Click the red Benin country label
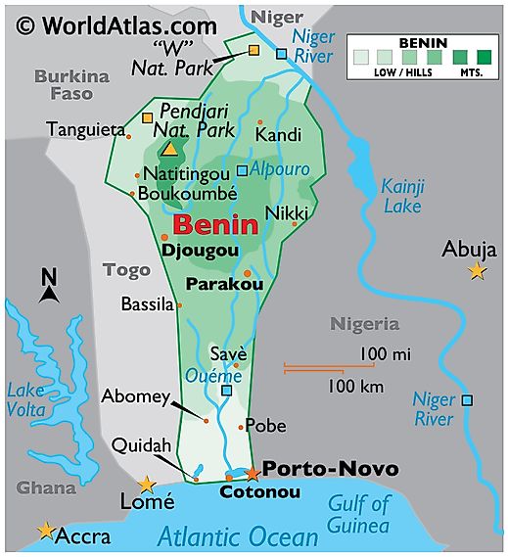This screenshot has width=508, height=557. (x=216, y=224)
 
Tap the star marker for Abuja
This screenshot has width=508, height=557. (x=477, y=271)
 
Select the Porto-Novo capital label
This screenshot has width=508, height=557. (x=331, y=469)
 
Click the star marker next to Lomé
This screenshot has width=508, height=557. (x=146, y=485)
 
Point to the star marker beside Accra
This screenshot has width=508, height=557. (x=46, y=531)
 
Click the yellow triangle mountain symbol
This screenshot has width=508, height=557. (x=170, y=150)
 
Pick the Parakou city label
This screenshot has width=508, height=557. (x=224, y=284)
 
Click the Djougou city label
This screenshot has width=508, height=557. (x=200, y=250)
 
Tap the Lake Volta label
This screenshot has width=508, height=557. (x=26, y=399)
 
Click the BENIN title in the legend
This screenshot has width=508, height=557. (x=423, y=44)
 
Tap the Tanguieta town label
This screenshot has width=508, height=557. (x=85, y=129)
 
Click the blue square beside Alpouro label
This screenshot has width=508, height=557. (x=241, y=168)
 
